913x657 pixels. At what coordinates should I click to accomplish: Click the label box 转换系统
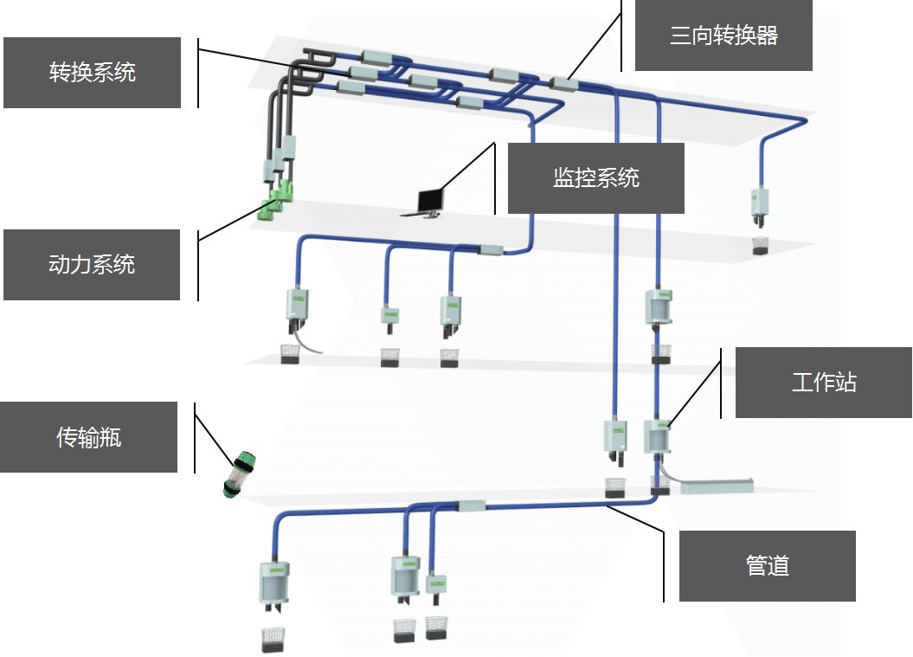pos(92,73)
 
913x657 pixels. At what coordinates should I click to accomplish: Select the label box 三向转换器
pos(723,35)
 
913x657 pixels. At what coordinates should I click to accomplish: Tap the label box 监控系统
pos(595,178)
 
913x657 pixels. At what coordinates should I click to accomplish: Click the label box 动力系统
pos(92,265)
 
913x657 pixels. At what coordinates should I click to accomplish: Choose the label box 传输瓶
pos(88,437)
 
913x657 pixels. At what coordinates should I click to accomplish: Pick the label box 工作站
pos(823,383)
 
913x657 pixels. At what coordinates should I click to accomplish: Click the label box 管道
pos(767,566)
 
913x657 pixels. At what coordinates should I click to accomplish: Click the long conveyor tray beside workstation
pos(717,486)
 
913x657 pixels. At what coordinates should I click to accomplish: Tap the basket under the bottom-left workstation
pos(273,639)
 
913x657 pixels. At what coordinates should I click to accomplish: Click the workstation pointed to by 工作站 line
pos(657,436)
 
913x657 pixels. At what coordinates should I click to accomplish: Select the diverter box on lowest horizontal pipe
pos(470,506)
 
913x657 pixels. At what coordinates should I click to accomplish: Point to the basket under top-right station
pos(761,244)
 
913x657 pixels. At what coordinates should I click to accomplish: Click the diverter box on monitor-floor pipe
pos(491,250)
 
